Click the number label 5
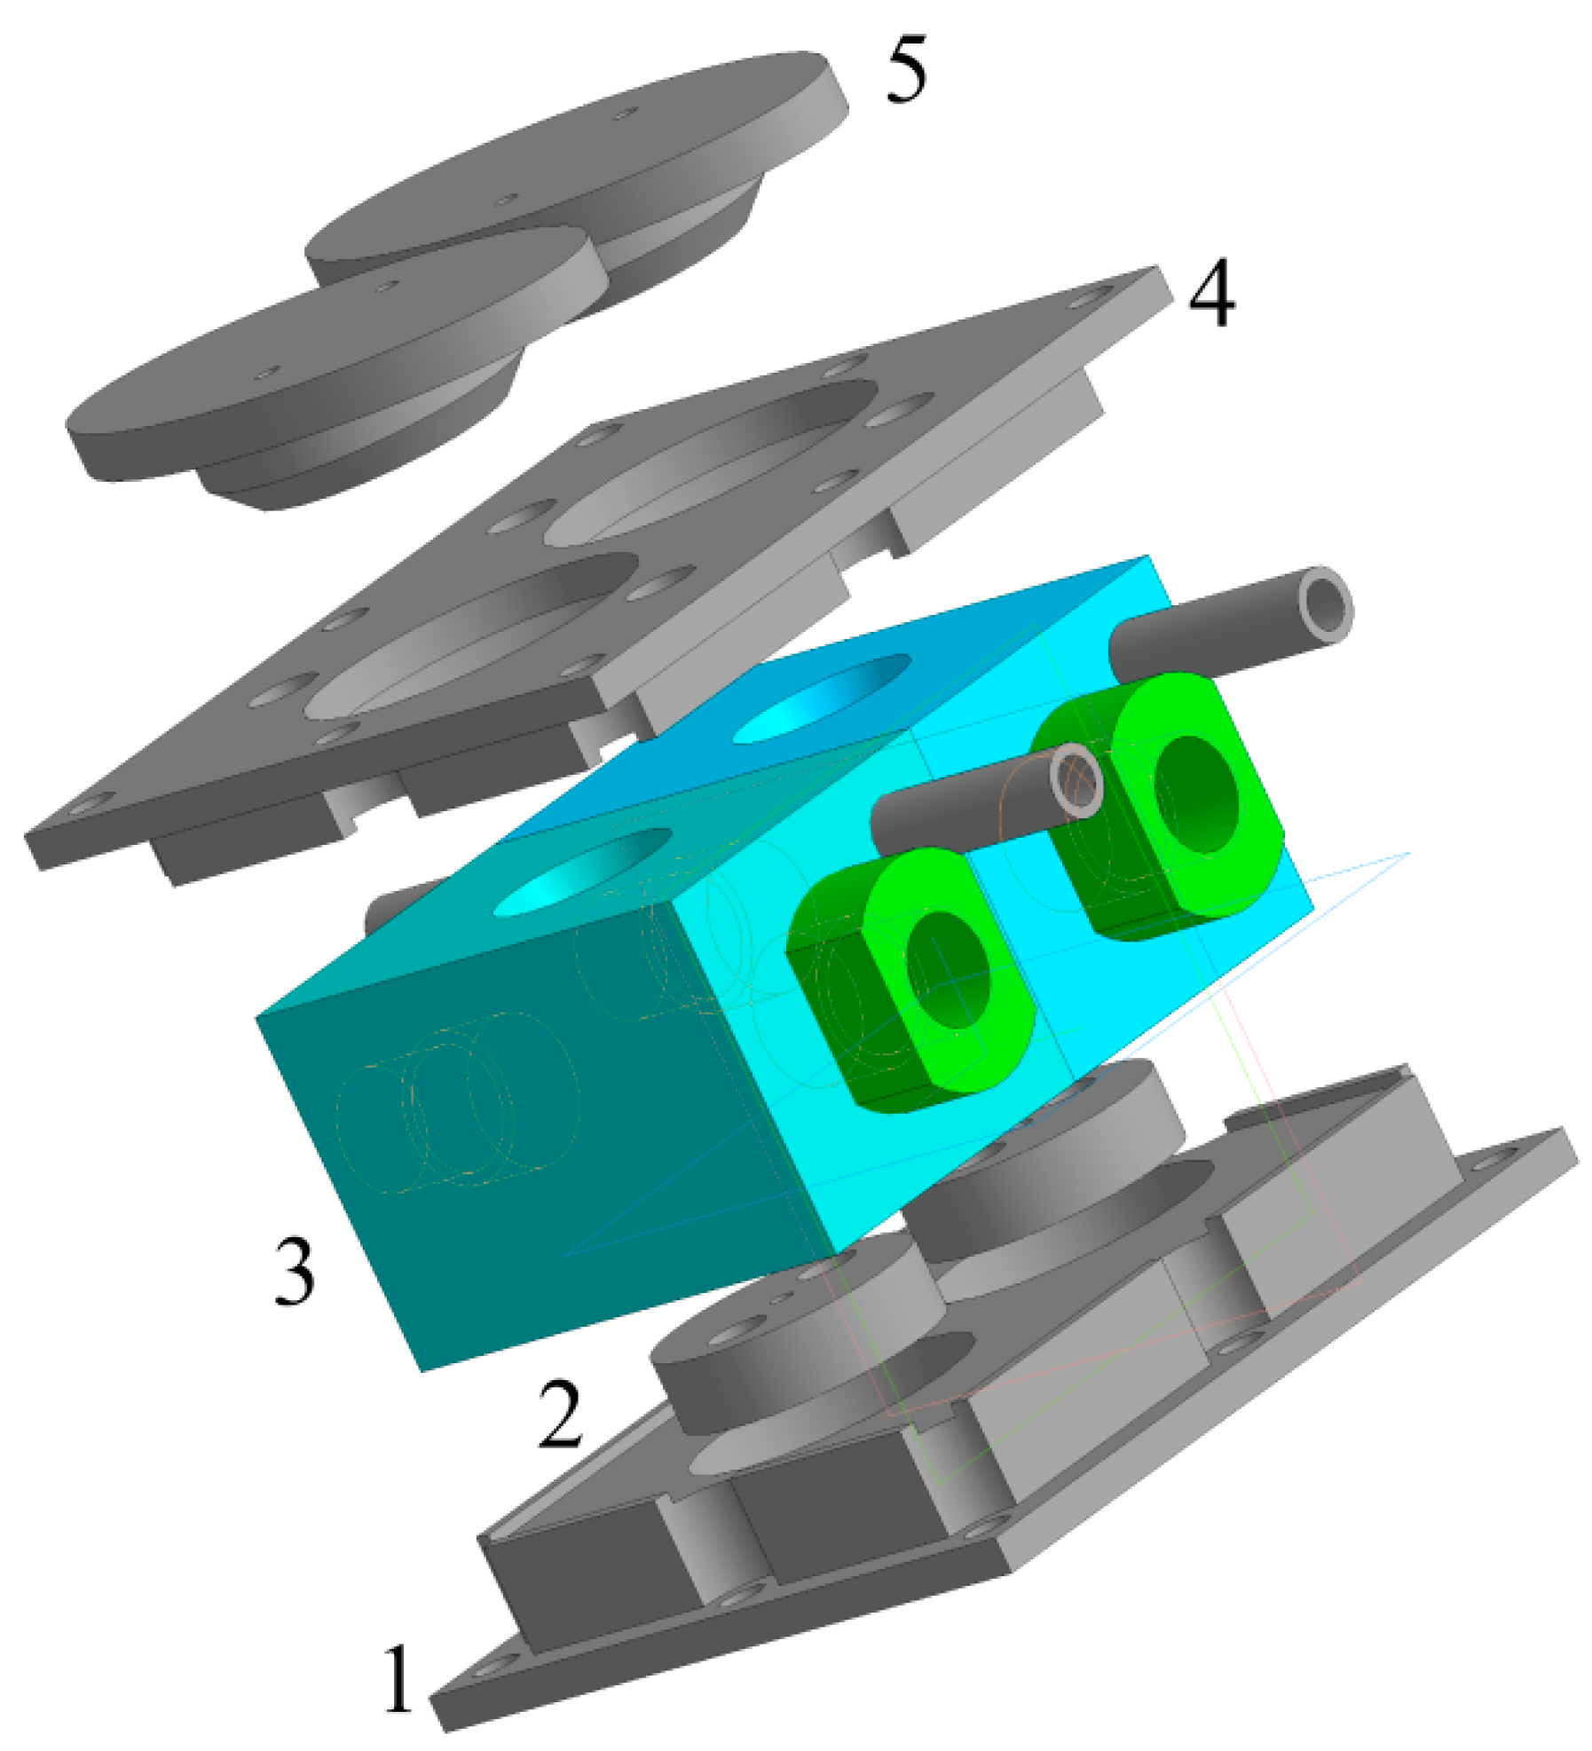905,69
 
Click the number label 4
1210,293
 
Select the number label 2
559,1414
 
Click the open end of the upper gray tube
1325,605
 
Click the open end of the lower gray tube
1076,781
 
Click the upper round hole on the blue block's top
821,699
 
